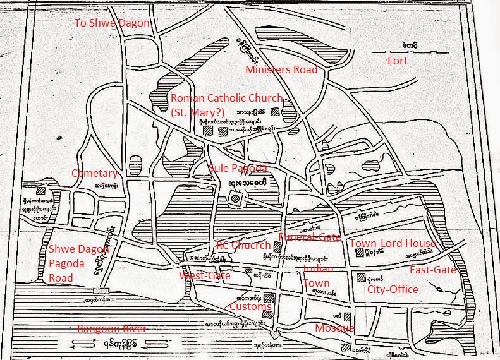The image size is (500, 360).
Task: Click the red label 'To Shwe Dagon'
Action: [x=113, y=23]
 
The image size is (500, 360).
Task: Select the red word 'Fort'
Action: [x=398, y=62]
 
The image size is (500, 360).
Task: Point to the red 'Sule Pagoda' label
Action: [x=238, y=167]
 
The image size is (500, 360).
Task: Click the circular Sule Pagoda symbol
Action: [x=235, y=199]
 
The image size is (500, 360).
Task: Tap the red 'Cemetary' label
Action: [x=94, y=173]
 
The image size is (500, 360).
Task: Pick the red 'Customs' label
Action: [x=250, y=306]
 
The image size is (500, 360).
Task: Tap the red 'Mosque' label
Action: [x=334, y=328]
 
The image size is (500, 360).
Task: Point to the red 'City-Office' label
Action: [x=393, y=289]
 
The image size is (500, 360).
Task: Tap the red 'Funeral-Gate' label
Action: [x=309, y=237]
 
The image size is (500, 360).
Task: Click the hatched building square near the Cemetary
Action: [x=40, y=189]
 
